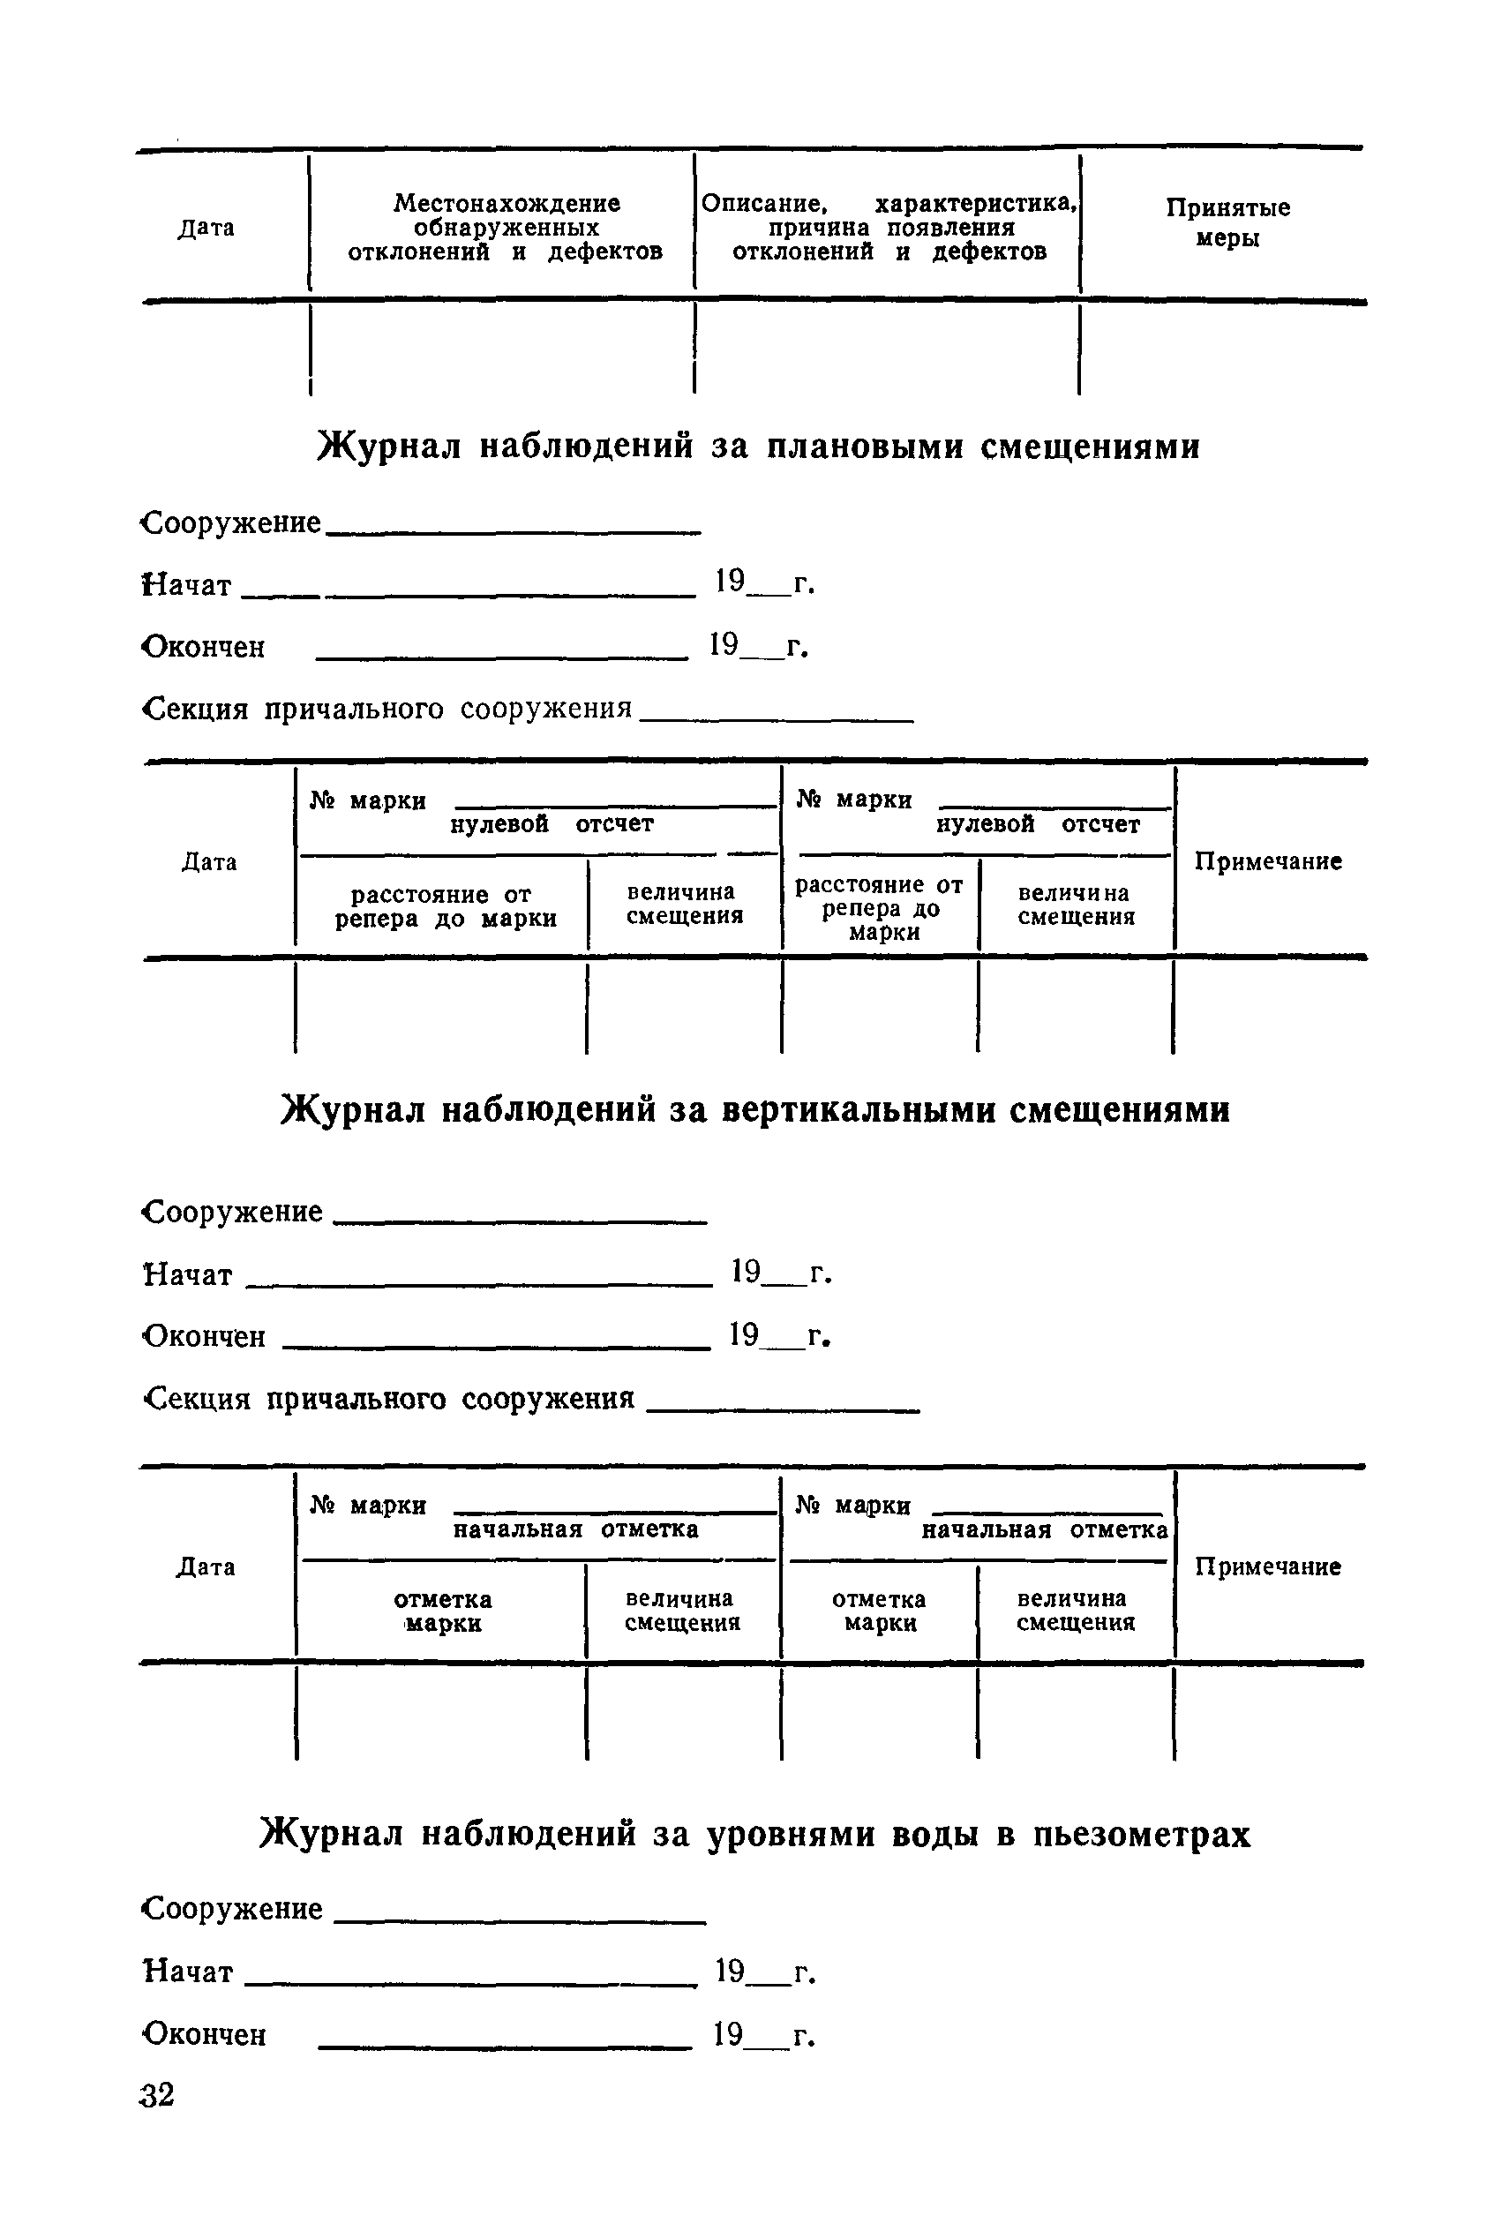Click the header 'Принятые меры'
point(1227,222)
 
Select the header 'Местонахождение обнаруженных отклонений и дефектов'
point(506,228)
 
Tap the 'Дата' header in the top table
point(206,228)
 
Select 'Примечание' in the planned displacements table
point(1267,861)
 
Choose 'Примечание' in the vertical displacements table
point(1267,1566)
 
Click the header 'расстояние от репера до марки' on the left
point(445,906)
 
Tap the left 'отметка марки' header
point(442,1611)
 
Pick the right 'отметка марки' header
point(879,1611)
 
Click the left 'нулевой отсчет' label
point(552,824)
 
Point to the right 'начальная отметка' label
point(1045,1529)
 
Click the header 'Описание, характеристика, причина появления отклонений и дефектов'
point(889,228)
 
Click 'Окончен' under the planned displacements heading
point(204,647)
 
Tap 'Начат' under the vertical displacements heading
point(188,1275)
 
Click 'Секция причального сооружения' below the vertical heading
point(387,1400)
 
